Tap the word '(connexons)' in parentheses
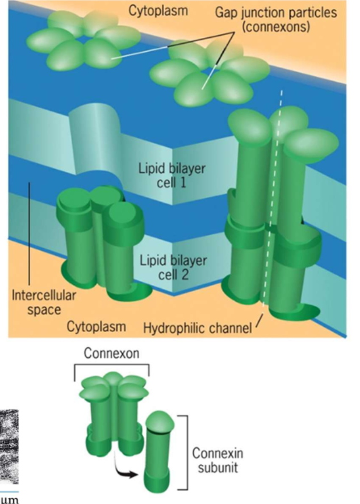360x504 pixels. [x=279, y=27]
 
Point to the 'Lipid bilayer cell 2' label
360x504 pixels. [x=173, y=268]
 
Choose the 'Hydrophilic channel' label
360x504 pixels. [x=197, y=327]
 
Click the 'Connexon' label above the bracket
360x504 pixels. [x=111, y=353]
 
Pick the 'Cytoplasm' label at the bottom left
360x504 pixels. [x=96, y=326]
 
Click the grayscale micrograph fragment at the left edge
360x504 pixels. [x=9, y=442]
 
